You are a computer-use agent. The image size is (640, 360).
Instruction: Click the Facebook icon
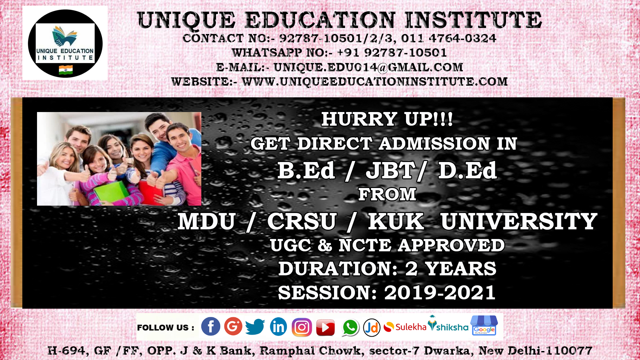[211, 326]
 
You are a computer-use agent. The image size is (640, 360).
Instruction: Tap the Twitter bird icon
[255, 326]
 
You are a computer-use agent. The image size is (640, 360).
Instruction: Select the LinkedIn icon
[278, 327]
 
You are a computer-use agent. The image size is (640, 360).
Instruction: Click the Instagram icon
[302, 327]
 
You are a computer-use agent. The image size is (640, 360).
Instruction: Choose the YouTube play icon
[325, 327]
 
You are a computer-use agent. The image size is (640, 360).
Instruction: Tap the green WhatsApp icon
[350, 327]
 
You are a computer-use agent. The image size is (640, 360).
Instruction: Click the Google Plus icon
[233, 326]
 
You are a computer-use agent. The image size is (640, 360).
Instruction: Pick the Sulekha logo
[405, 327]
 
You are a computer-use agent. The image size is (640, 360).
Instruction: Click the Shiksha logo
[448, 324]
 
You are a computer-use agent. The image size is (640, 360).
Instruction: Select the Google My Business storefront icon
[484, 325]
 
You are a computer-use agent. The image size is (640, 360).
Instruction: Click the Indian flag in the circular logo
[66, 70]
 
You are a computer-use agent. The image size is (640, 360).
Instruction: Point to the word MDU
[207, 221]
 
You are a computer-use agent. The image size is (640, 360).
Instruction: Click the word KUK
[396, 221]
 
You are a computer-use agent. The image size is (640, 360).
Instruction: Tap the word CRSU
[302, 221]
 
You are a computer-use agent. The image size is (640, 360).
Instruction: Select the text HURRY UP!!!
[387, 119]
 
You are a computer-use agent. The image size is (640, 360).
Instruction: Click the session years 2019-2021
[440, 293]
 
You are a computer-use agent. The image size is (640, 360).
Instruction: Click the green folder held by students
[112, 192]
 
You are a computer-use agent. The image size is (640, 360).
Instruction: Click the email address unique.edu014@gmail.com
[368, 67]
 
